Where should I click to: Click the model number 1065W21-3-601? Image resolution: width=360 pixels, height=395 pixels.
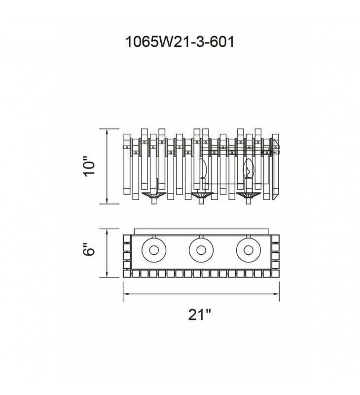(x=180, y=41)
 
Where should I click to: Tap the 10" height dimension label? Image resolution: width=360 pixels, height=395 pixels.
(x=89, y=166)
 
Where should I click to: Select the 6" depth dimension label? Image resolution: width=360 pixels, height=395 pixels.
(x=89, y=249)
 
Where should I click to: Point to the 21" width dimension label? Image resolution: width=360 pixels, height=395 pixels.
(x=200, y=314)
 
